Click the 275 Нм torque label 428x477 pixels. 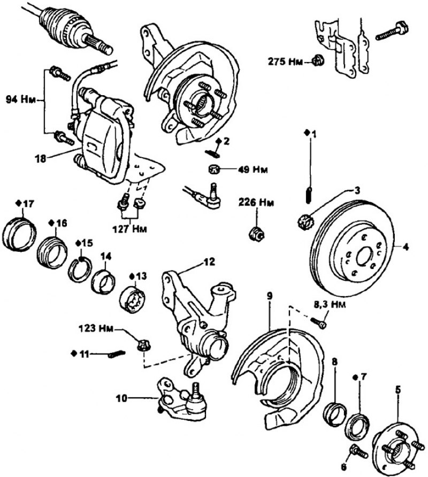tap(288, 61)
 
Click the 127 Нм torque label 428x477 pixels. tap(132, 229)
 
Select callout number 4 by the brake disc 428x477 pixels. tap(406, 247)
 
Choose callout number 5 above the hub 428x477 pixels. tap(398, 390)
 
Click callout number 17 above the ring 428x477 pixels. tap(25, 204)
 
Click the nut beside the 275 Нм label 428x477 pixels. tap(317, 61)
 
